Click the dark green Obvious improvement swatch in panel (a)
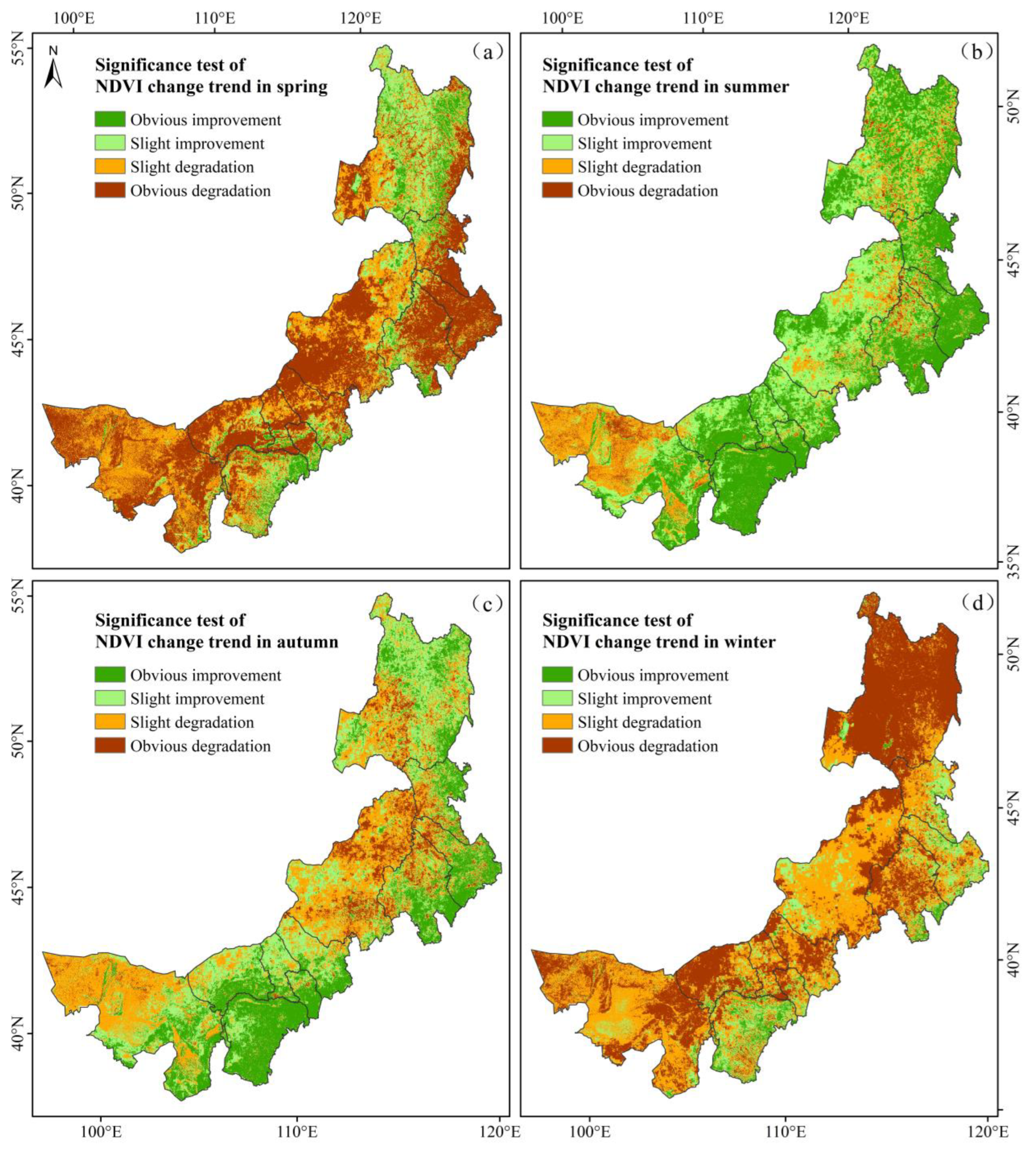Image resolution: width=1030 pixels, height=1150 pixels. [110, 119]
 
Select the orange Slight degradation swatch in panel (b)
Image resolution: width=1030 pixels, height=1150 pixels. [557, 167]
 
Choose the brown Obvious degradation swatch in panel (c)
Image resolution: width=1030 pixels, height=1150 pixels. [110, 746]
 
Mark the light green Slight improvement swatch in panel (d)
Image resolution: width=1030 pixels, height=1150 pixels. [557, 699]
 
